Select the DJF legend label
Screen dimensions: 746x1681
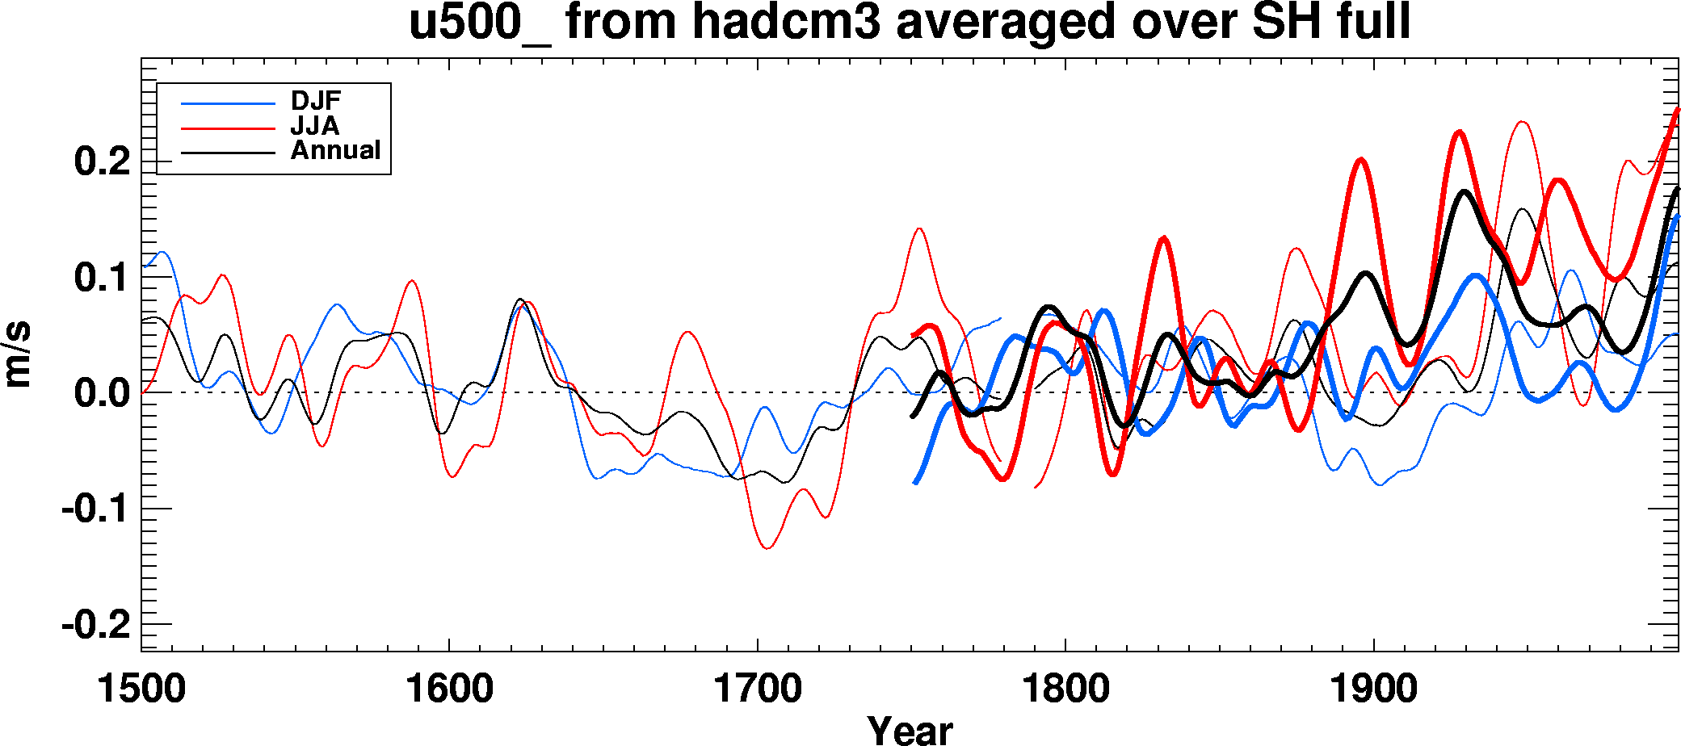(x=316, y=101)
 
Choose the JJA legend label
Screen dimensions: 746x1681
(x=315, y=126)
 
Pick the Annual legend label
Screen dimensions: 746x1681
(x=335, y=150)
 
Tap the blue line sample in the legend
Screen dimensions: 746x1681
(x=228, y=103)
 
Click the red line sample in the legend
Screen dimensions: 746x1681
(x=228, y=128)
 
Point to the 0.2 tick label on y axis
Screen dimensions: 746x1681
(x=103, y=161)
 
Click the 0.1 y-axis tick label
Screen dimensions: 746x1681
(x=103, y=278)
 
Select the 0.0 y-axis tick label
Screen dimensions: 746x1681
(x=103, y=394)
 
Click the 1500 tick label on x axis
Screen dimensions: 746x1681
(x=141, y=689)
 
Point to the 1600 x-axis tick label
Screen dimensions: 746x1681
(x=449, y=689)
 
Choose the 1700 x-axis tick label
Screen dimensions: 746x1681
(x=758, y=689)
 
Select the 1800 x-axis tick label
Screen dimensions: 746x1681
(x=1065, y=689)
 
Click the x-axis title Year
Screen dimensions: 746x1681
(x=910, y=730)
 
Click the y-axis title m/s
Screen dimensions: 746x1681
(x=18, y=355)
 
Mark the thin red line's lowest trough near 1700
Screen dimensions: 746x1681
(x=767, y=548)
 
